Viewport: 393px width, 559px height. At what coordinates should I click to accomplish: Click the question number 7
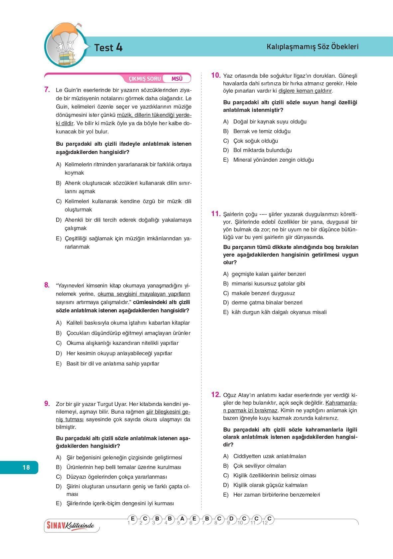[47, 89]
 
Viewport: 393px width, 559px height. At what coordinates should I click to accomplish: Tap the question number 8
[47, 285]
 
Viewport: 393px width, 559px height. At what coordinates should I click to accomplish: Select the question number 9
[47, 403]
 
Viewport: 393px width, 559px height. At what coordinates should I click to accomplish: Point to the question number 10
[216, 75]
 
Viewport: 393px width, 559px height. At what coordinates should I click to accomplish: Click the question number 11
[216, 214]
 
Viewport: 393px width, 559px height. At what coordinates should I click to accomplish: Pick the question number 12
[216, 394]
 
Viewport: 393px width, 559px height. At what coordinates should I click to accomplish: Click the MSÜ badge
[177, 79]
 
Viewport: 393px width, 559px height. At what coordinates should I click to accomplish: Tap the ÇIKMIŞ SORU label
[145, 79]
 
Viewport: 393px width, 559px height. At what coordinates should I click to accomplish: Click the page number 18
[26, 467]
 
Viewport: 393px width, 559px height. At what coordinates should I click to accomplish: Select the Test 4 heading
[108, 47]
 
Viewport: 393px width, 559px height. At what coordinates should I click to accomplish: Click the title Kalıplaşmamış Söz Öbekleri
[312, 47]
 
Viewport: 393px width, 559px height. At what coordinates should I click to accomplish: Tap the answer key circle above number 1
[132, 519]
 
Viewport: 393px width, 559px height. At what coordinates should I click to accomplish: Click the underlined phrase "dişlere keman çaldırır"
[305, 91]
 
